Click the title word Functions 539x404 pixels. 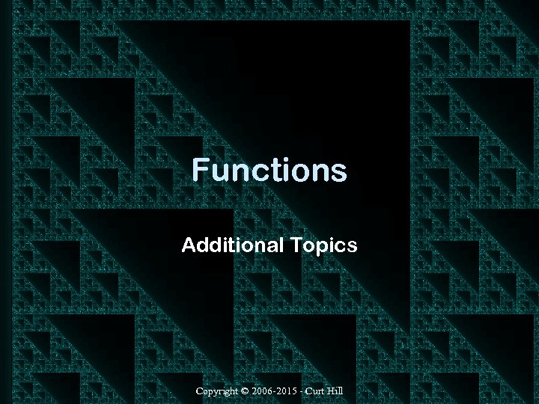(x=269, y=171)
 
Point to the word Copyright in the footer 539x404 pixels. (x=215, y=391)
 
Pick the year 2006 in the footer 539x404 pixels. (x=264, y=391)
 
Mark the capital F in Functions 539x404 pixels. (x=200, y=171)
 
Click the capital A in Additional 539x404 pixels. (x=188, y=245)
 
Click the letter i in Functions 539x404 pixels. (x=287, y=171)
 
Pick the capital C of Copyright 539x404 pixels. (x=199, y=391)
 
